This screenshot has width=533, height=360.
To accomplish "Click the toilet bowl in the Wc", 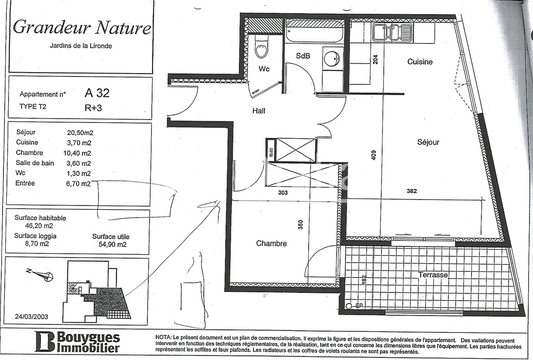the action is [x=261, y=47].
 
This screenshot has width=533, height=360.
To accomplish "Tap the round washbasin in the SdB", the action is [x=332, y=58].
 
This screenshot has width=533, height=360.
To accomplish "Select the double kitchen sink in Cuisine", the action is [x=392, y=33].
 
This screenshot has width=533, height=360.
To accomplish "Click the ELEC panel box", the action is [x=271, y=151].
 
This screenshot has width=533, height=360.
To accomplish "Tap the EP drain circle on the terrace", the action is [x=349, y=306].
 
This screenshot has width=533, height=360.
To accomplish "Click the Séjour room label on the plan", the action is [x=428, y=142].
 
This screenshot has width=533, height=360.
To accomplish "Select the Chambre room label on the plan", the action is [x=271, y=243].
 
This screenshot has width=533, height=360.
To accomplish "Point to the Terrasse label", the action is [x=433, y=275].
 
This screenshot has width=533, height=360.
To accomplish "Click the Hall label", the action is [x=259, y=111].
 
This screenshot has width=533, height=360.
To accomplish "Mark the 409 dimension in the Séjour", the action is [x=374, y=155].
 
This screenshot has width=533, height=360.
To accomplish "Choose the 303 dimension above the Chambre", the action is [x=283, y=193].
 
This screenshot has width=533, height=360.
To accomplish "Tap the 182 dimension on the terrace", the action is [x=364, y=280].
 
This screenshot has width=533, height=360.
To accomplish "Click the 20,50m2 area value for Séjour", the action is [x=80, y=132].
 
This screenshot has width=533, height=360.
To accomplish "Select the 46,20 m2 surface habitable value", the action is [x=39, y=225].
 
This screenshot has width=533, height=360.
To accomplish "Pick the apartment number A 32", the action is [x=97, y=93].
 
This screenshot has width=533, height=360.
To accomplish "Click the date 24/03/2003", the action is [x=31, y=317].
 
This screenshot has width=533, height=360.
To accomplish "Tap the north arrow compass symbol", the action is [x=40, y=275].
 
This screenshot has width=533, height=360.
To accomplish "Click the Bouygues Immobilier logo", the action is [x=77, y=342].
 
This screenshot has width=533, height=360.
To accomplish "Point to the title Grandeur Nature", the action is [x=82, y=28].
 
